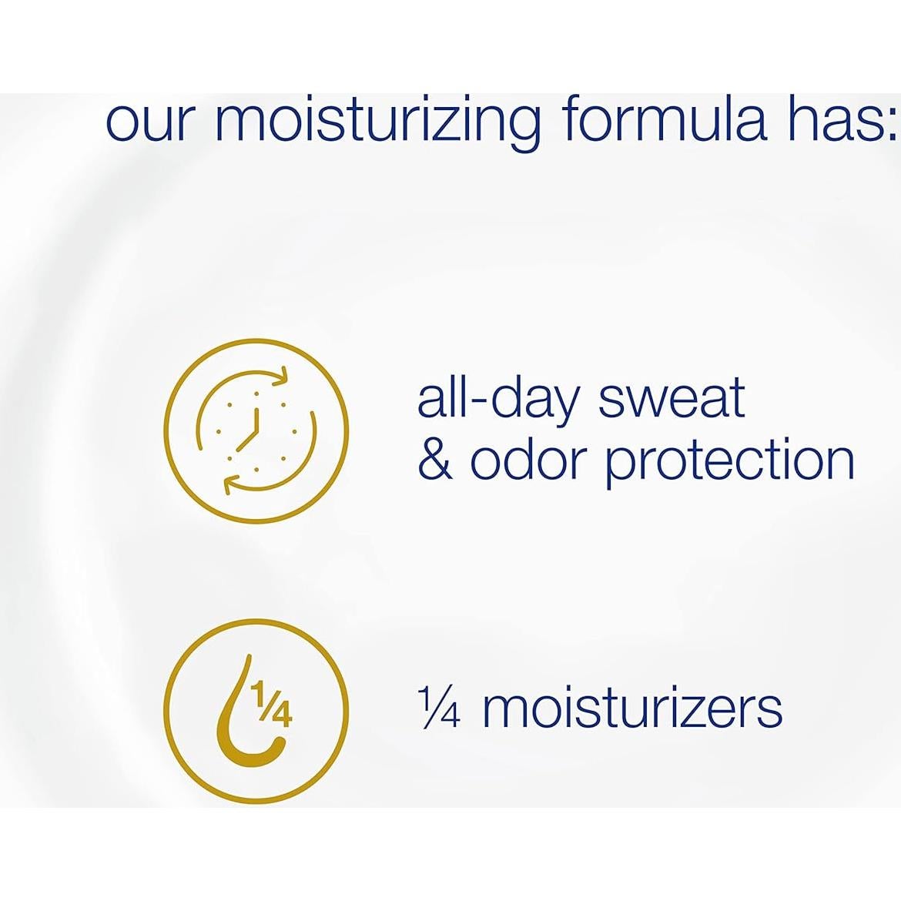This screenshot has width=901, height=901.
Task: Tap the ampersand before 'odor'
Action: [436, 461]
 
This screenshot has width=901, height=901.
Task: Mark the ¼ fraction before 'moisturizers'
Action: [439, 708]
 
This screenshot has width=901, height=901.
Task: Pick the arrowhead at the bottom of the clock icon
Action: [232, 485]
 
